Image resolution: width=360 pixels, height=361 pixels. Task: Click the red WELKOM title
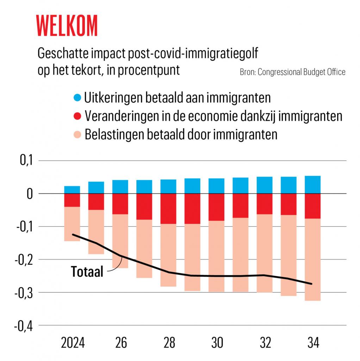(x=67, y=26)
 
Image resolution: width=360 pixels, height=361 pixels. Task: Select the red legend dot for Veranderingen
(x=78, y=116)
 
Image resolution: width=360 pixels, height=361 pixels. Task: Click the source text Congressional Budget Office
(x=292, y=72)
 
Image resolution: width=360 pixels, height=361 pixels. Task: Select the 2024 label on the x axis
(x=73, y=343)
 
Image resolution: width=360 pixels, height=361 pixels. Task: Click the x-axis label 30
(x=217, y=343)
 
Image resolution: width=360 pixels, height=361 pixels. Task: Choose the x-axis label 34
(x=312, y=343)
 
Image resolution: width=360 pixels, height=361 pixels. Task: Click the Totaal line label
(x=87, y=272)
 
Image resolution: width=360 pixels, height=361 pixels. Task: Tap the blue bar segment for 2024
(x=72, y=190)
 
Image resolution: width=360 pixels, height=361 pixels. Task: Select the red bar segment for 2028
(x=168, y=209)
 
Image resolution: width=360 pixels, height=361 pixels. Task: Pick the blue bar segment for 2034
(x=312, y=185)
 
